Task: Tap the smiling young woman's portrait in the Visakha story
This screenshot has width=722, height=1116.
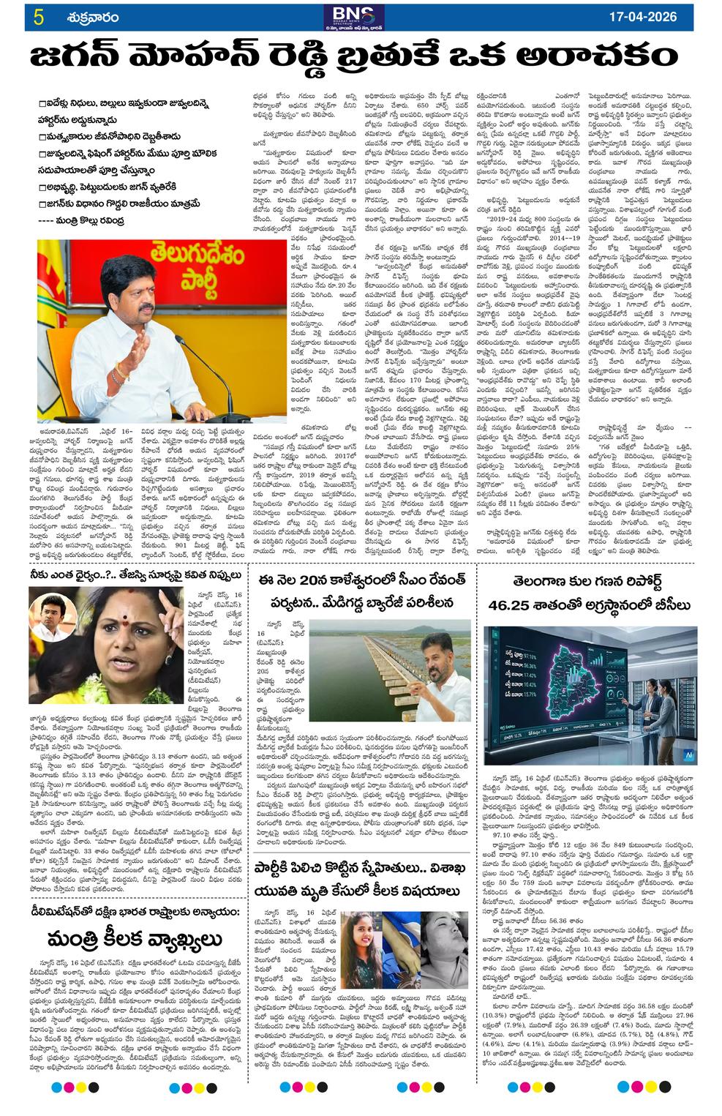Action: pyautogui.click(x=364, y=940)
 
